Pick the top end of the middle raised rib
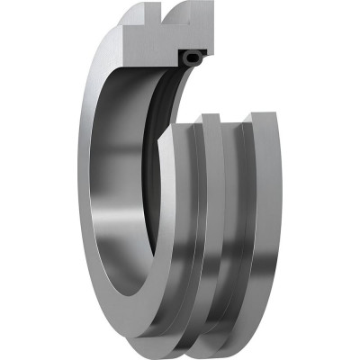coord(210,118)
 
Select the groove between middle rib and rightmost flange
coord(236,225)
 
